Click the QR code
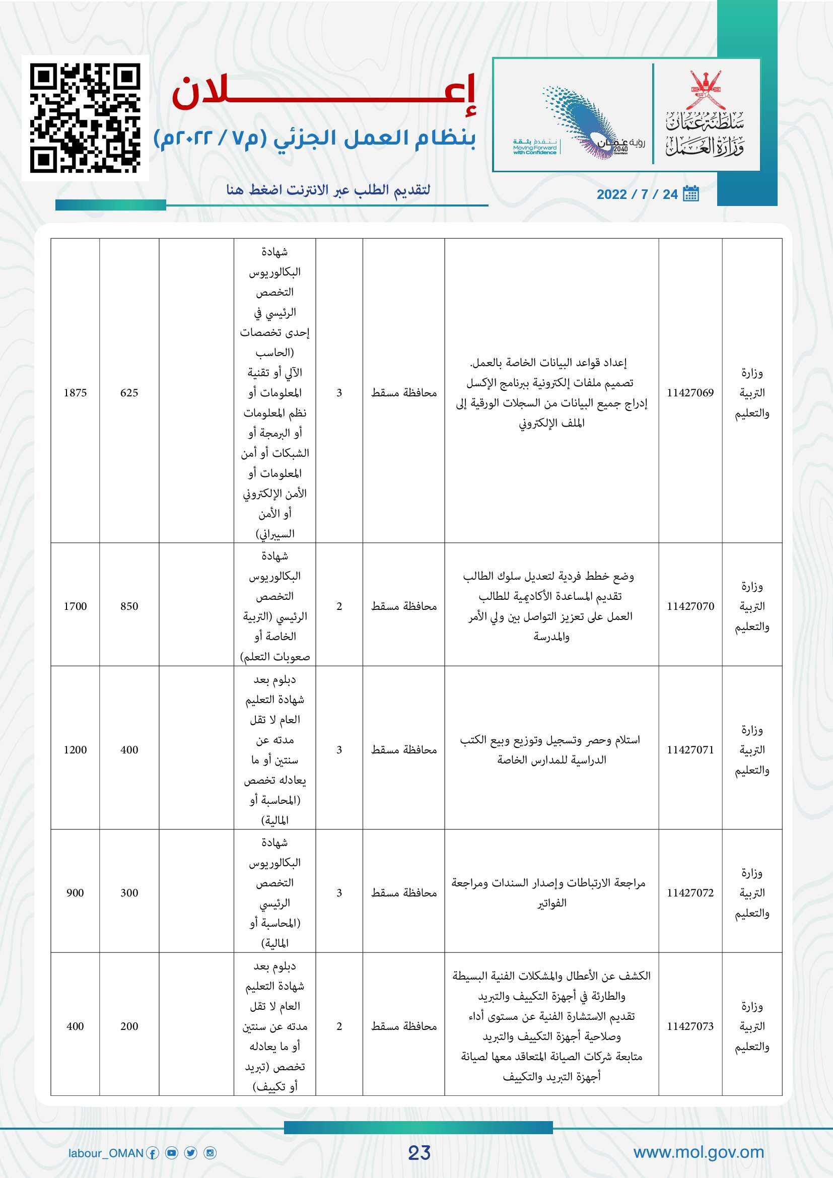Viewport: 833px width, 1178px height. point(85,118)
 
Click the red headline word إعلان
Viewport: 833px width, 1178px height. point(324,94)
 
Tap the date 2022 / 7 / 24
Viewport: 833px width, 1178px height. point(637,194)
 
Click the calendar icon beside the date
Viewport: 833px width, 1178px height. point(691,194)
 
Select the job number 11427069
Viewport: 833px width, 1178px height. point(690,393)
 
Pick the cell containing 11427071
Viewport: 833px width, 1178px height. point(690,750)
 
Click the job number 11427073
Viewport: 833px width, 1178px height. point(690,1026)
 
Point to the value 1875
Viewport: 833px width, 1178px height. point(75,393)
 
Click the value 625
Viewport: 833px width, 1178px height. point(129,393)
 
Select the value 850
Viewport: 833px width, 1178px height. point(129,606)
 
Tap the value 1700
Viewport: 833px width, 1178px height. point(75,606)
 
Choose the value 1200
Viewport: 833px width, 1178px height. point(75,750)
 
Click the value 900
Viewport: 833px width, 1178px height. point(75,893)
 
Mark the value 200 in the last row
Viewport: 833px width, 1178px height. point(129,1026)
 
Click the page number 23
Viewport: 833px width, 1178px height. point(419,1153)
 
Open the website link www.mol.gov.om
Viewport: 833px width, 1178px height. point(699,1152)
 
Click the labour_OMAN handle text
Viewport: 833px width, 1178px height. point(106,1153)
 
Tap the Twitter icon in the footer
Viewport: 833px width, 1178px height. point(191,1153)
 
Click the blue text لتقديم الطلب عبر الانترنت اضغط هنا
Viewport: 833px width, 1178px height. point(328,190)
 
